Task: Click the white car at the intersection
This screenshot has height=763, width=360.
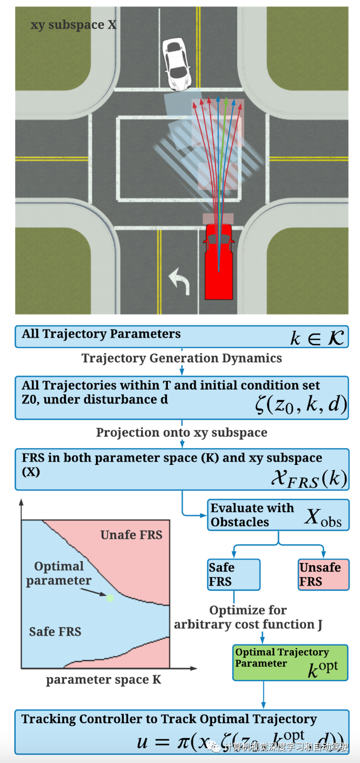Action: pos(177,62)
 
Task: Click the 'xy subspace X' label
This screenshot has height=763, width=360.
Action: pos(73,25)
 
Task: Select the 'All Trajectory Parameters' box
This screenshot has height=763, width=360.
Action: pos(182,336)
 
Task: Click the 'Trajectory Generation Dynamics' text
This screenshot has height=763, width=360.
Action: pos(182,358)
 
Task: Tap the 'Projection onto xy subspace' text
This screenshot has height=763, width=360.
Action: pos(182,433)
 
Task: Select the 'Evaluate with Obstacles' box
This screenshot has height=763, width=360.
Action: pos(278,515)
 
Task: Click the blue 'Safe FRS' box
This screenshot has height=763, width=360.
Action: pos(234,575)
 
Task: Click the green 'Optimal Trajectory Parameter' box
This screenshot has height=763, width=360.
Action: pos(290,662)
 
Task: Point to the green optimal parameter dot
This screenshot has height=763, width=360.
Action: pos(110,597)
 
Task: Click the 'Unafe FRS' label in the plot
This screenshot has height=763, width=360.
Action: pos(131,535)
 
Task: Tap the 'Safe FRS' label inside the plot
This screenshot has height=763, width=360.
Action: pos(55,632)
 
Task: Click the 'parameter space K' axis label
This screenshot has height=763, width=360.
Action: pos(103,680)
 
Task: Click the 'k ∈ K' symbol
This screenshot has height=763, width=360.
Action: pos(317,338)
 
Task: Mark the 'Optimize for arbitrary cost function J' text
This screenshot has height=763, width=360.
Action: pos(248,618)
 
